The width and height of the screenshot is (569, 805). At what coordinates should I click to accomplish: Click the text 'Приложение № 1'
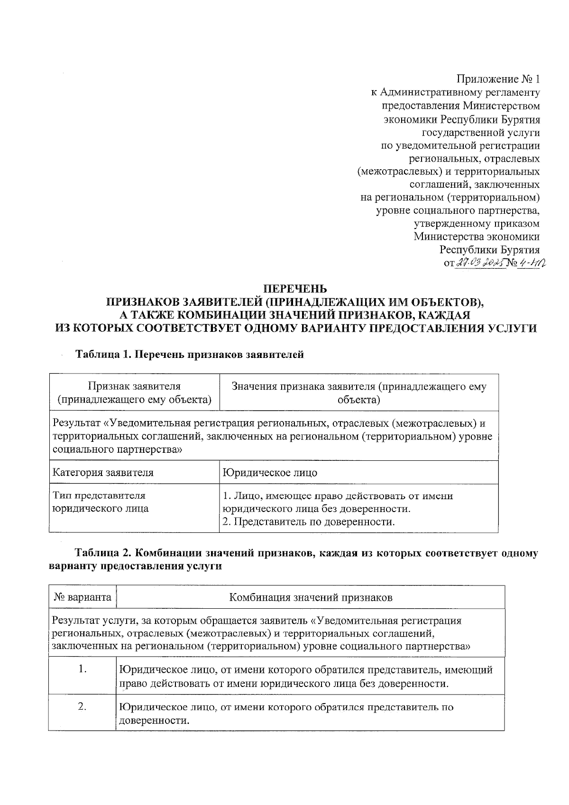[498, 79]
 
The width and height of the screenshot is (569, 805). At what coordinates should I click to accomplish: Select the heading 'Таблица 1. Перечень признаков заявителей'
[190, 355]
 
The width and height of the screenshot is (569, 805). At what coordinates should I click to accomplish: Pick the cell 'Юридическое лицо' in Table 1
[270, 473]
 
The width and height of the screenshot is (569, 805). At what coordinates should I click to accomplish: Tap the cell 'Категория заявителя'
[103, 473]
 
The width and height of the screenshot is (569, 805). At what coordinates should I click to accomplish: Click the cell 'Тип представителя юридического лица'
[100, 502]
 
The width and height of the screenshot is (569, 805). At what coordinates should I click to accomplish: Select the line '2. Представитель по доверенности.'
[309, 522]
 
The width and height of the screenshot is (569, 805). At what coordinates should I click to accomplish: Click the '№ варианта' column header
[83, 597]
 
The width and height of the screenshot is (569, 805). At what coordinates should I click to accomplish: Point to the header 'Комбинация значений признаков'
[311, 597]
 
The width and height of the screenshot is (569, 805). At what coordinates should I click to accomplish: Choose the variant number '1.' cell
[83, 669]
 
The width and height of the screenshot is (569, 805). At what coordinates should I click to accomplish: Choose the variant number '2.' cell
[83, 707]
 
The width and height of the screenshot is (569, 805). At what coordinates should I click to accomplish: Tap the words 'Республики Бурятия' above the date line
[489, 250]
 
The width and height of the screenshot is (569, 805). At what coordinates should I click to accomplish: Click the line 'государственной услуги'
[480, 133]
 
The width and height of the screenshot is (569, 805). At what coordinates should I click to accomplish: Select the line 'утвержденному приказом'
[477, 223]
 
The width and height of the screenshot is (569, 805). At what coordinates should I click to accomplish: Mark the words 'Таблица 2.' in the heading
[99, 553]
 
